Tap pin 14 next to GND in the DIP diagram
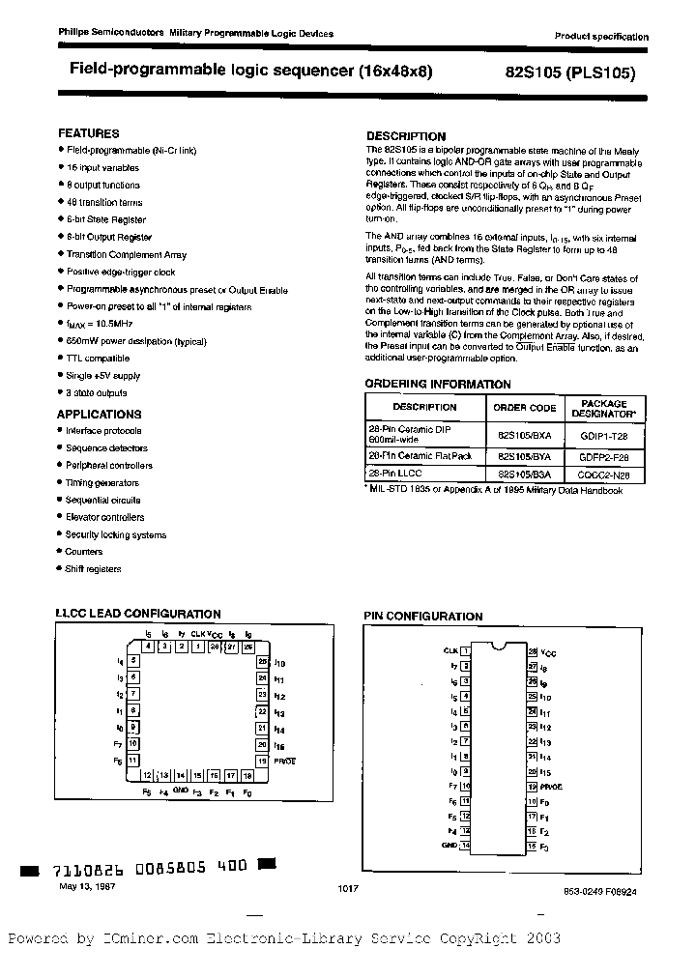click(465, 845)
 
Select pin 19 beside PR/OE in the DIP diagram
click(532, 787)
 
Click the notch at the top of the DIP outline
click(499, 645)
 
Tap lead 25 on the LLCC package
click(262, 661)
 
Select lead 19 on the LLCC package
click(262, 761)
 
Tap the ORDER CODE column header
click(525, 408)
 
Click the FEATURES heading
click(89, 133)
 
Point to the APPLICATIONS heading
click(100, 414)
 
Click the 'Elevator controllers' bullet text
click(105, 518)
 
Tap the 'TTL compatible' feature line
click(98, 358)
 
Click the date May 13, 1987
click(86, 886)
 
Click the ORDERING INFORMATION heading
click(438, 384)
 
